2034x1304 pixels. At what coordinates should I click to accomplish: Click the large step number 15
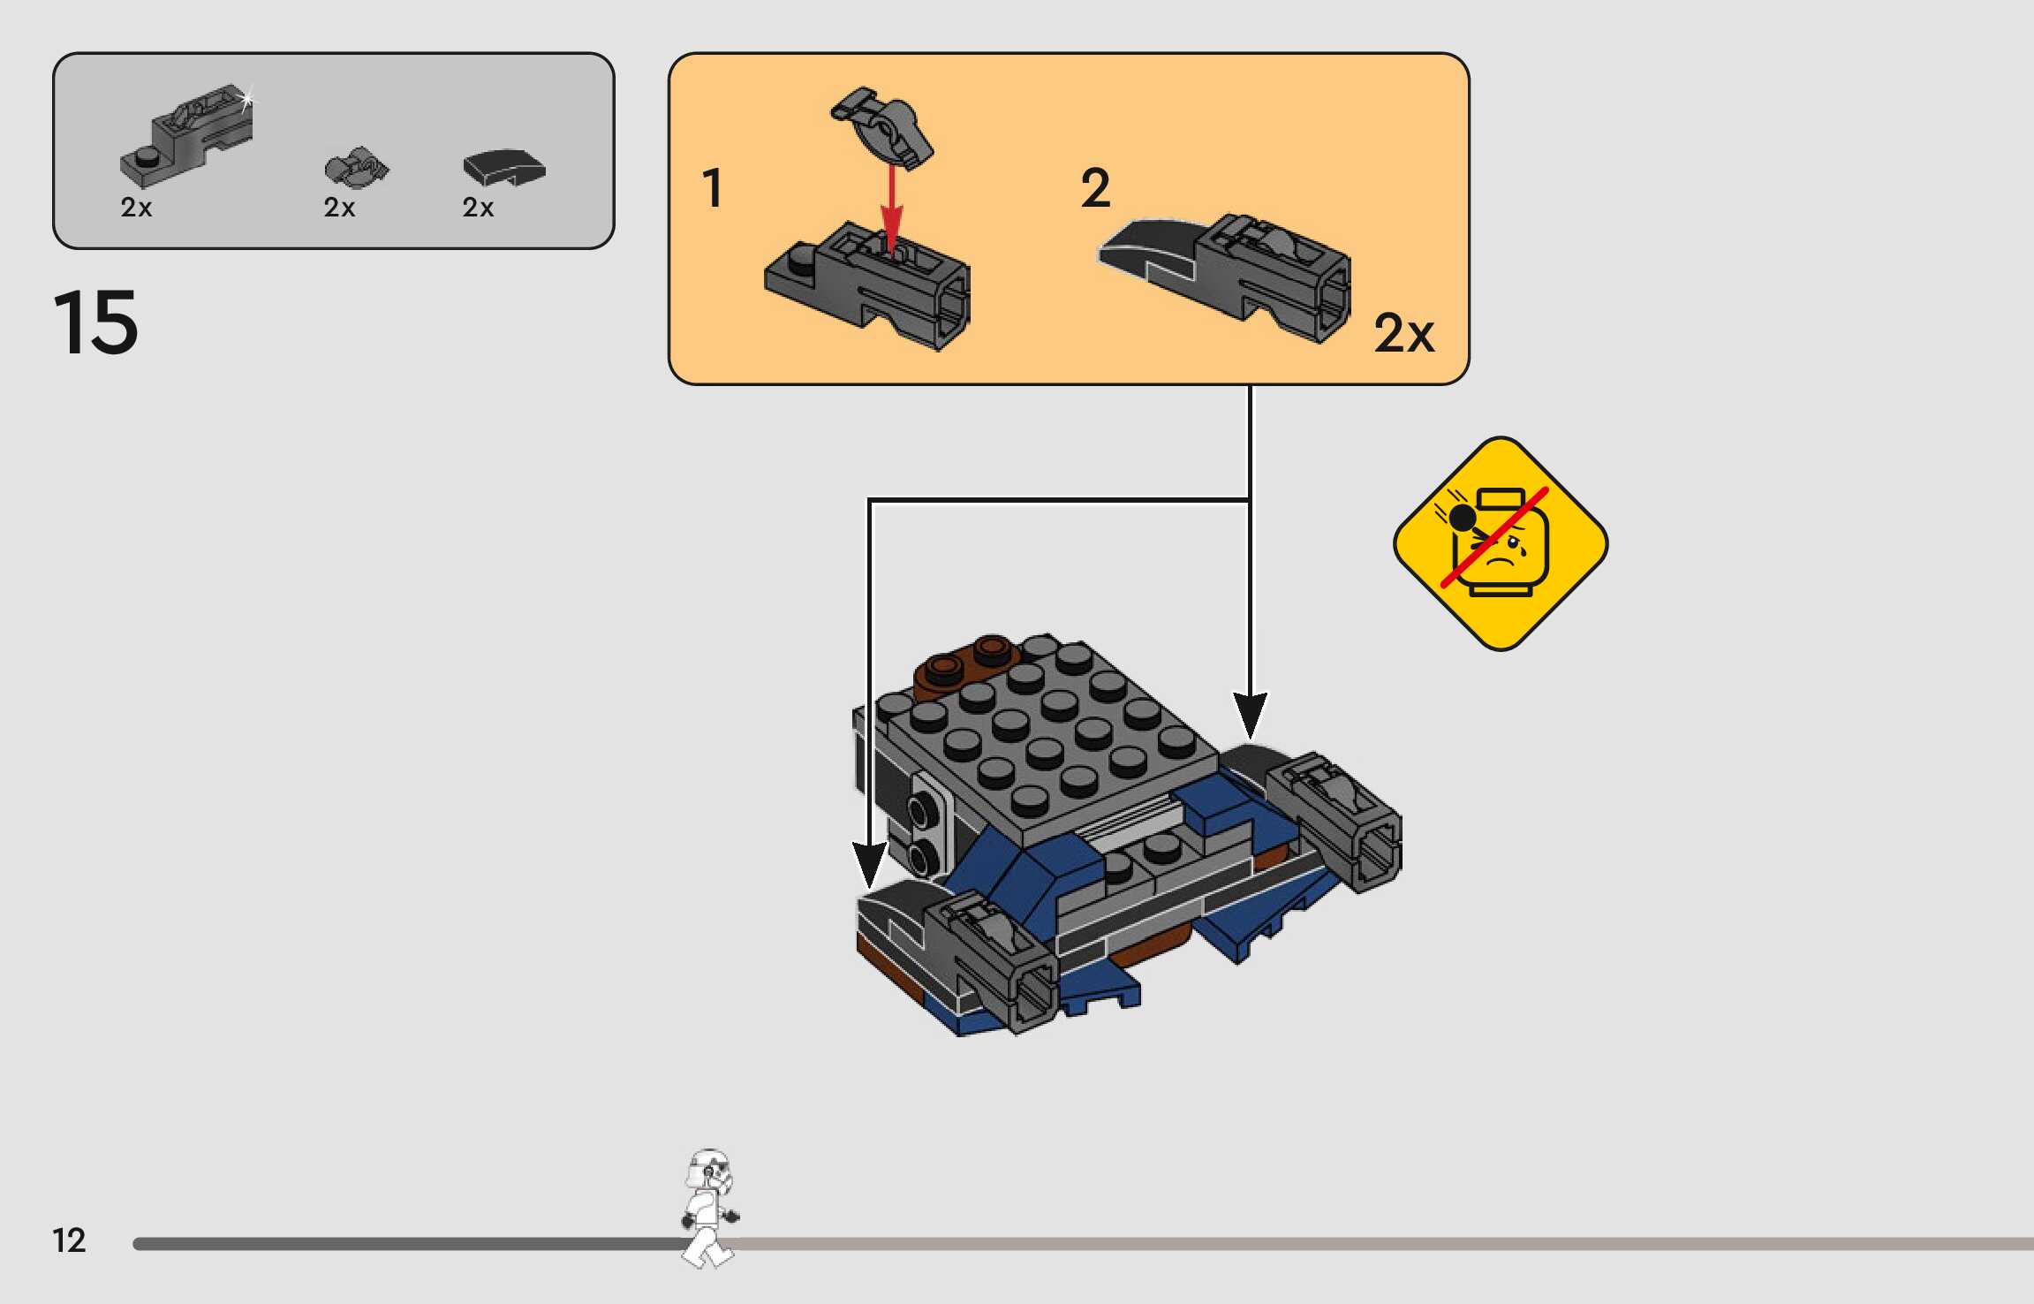point(95,322)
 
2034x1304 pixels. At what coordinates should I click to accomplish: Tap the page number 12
point(69,1240)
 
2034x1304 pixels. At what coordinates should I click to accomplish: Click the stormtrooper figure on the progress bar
point(709,1206)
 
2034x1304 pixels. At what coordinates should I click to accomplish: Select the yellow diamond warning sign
point(1500,543)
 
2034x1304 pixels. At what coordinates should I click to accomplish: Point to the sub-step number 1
point(712,188)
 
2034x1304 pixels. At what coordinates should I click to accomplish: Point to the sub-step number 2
point(1095,188)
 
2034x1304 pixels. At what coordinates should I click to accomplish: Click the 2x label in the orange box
point(1403,334)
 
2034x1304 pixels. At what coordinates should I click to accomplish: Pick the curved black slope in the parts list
point(504,167)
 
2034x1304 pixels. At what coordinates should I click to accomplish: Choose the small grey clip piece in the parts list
point(356,168)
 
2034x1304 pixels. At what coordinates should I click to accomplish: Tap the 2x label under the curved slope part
point(478,208)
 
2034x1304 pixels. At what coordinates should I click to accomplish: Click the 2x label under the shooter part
point(136,208)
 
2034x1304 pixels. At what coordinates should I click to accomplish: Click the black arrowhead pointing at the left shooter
point(869,864)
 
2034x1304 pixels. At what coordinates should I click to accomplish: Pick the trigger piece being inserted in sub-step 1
point(883,129)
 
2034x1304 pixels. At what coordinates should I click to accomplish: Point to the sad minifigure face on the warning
point(1501,552)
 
